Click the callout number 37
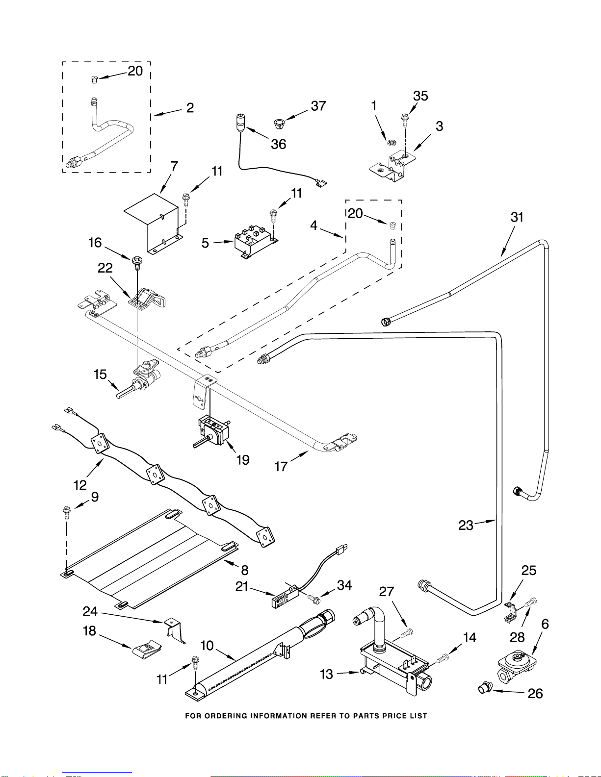pyautogui.click(x=318, y=106)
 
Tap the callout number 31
pyautogui.click(x=517, y=217)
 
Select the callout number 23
pyautogui.click(x=466, y=526)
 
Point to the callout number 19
pyautogui.click(x=243, y=460)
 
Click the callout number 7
pyautogui.click(x=174, y=166)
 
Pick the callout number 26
pyautogui.click(x=535, y=693)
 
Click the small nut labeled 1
pyautogui.click(x=392, y=143)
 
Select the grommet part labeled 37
pyautogui.click(x=278, y=123)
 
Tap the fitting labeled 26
pyautogui.click(x=484, y=688)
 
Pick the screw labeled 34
pyautogui.click(x=315, y=598)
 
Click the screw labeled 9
pyautogui.click(x=66, y=513)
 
